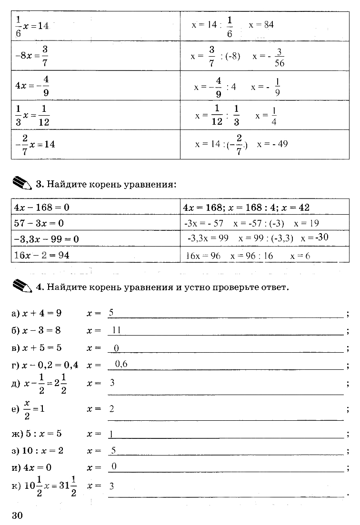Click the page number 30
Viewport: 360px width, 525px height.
click(x=17, y=515)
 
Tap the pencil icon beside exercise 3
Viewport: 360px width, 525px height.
click(x=22, y=183)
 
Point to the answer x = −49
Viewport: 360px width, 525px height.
click(x=272, y=143)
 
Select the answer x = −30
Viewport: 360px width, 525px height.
click(x=315, y=237)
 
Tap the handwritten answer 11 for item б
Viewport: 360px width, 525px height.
click(x=116, y=330)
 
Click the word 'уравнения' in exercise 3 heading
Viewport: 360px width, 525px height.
click(x=149, y=183)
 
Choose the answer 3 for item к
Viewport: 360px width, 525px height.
click(x=112, y=486)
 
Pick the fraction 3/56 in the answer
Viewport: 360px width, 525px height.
click(x=280, y=57)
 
